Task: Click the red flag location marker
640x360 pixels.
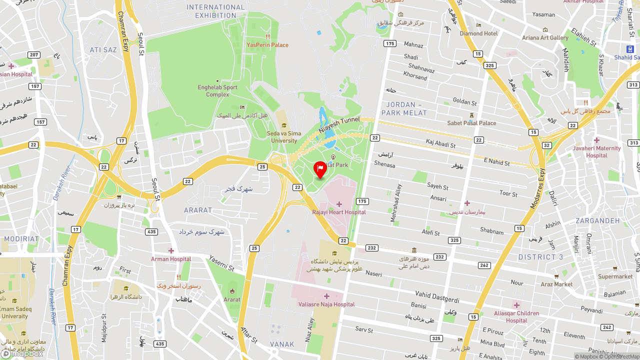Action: point(320,169)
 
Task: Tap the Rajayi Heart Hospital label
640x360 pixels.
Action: point(339,212)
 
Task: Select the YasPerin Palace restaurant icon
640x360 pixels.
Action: point(268,36)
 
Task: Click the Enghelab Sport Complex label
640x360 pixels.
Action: point(217,90)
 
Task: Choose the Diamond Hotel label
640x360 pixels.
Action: point(478,33)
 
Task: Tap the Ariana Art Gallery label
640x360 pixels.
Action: point(545,37)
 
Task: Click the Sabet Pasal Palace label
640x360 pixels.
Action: point(471,123)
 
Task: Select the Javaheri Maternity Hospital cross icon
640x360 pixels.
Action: point(596,140)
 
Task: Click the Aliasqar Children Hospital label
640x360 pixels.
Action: point(516,317)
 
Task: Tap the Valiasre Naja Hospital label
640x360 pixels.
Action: point(326,304)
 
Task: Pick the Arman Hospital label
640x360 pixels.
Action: point(171,259)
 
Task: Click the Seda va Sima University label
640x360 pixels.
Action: point(284,137)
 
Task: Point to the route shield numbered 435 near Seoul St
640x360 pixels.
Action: point(152,231)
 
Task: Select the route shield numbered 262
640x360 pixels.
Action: point(484,265)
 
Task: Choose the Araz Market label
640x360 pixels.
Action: point(556,284)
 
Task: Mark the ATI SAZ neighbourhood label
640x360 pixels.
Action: point(103,50)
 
